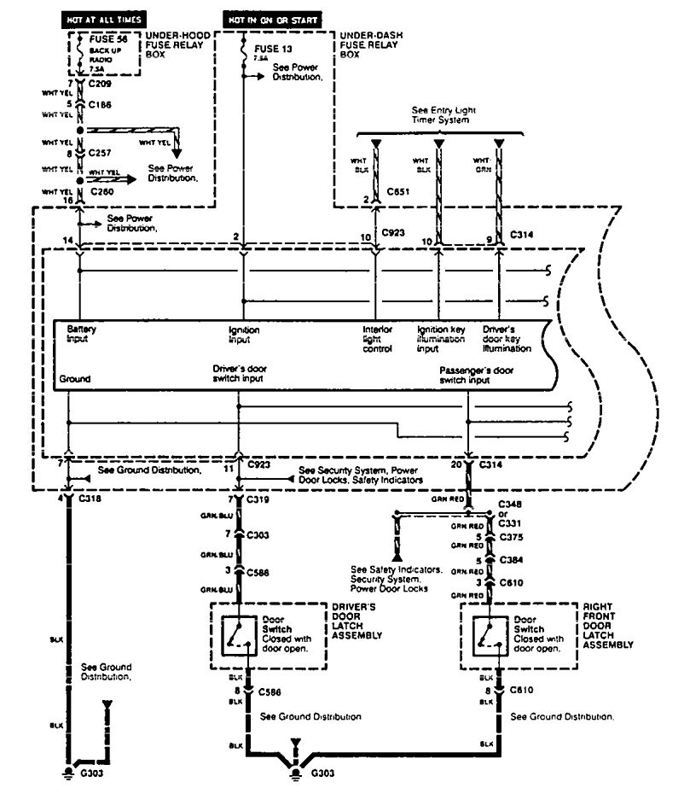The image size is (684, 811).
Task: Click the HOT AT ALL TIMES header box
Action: coord(104,17)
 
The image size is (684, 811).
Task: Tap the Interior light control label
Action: coord(378,339)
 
